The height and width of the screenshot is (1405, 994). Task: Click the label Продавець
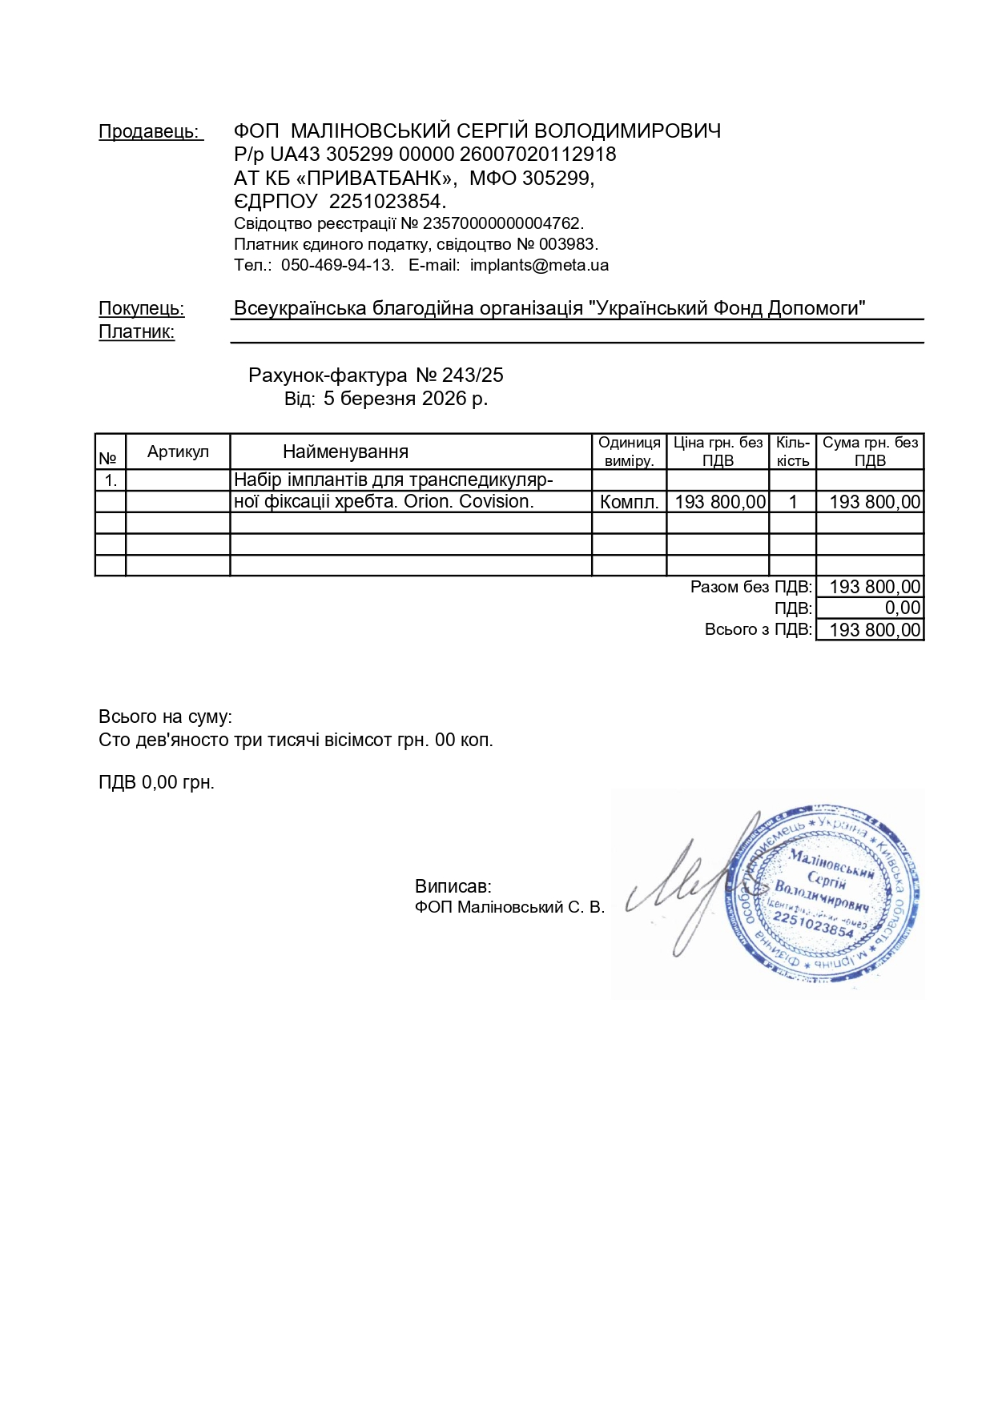[x=150, y=131]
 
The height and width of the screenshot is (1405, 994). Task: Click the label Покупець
[x=141, y=308]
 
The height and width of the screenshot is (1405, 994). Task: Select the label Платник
[x=136, y=331]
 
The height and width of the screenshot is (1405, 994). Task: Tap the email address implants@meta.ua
[x=539, y=265]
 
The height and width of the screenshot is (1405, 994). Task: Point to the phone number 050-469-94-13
[x=336, y=265]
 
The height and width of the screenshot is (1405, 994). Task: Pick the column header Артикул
[x=178, y=452]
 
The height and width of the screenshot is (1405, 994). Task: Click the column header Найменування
[x=345, y=452]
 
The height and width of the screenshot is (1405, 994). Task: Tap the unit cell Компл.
[x=629, y=502]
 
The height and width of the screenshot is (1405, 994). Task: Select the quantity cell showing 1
[x=792, y=502]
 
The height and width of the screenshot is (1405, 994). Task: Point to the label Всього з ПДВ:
[x=758, y=630]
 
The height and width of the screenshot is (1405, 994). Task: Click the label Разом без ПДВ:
[x=751, y=587]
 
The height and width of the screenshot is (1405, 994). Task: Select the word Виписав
[x=453, y=886]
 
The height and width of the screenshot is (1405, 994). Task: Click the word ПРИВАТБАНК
[x=376, y=178]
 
